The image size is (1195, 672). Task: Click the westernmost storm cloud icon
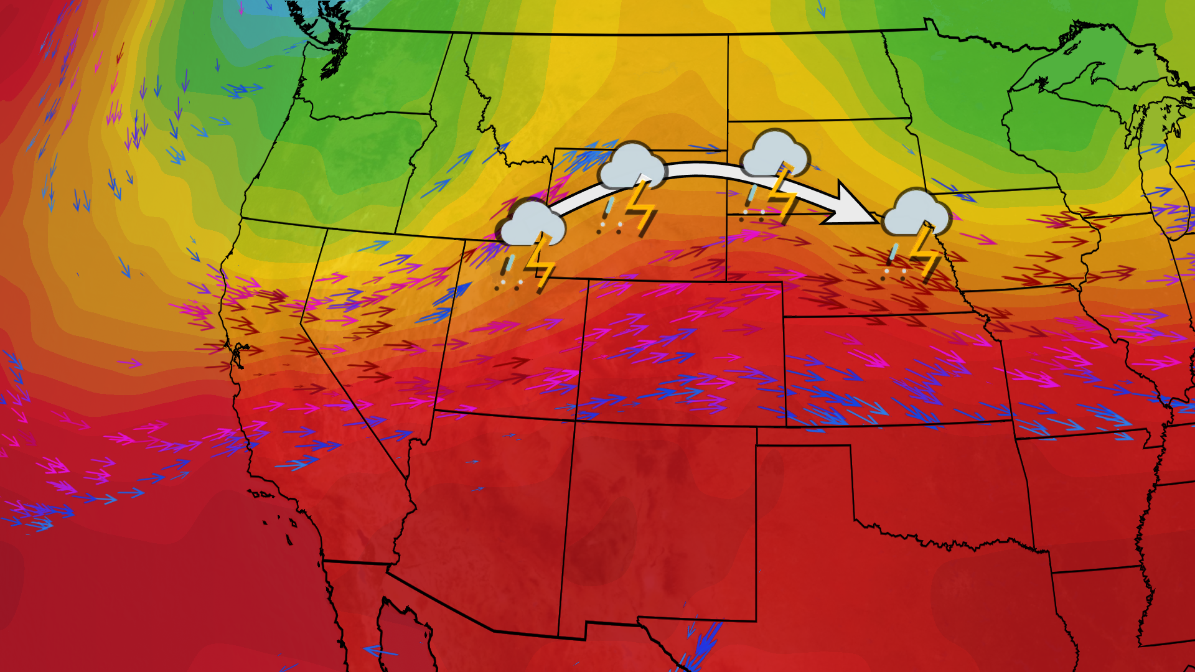click(x=532, y=223)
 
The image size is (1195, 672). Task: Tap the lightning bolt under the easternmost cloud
click(x=924, y=252)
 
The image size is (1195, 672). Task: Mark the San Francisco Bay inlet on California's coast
click(x=238, y=355)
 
